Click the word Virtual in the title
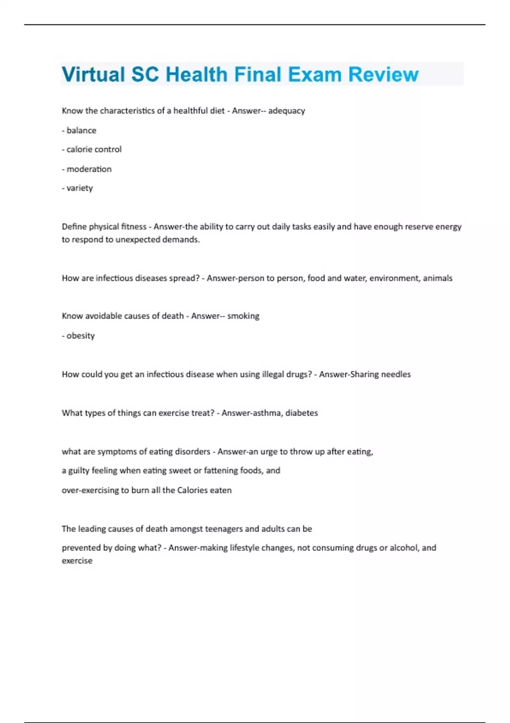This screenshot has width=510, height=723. point(93,75)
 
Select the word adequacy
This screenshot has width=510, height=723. point(286,111)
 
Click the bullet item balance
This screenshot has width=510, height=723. point(81,131)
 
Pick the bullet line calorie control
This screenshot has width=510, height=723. point(94,150)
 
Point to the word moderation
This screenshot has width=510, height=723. point(89,169)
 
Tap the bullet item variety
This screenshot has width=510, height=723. point(79,188)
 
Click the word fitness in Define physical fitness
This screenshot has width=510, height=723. point(133,227)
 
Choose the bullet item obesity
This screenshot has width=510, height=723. point(80,336)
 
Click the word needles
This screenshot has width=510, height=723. point(396,375)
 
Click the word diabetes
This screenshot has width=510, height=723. point(301,413)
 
